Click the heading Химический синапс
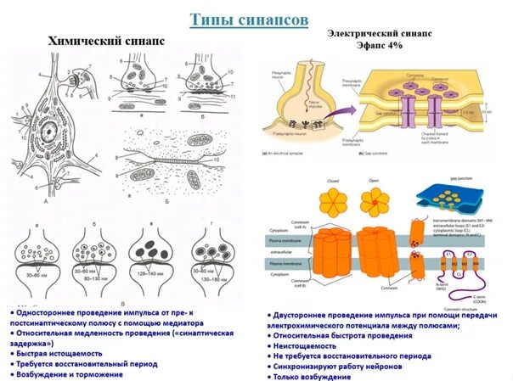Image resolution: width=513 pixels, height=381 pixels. pos(107,40)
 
